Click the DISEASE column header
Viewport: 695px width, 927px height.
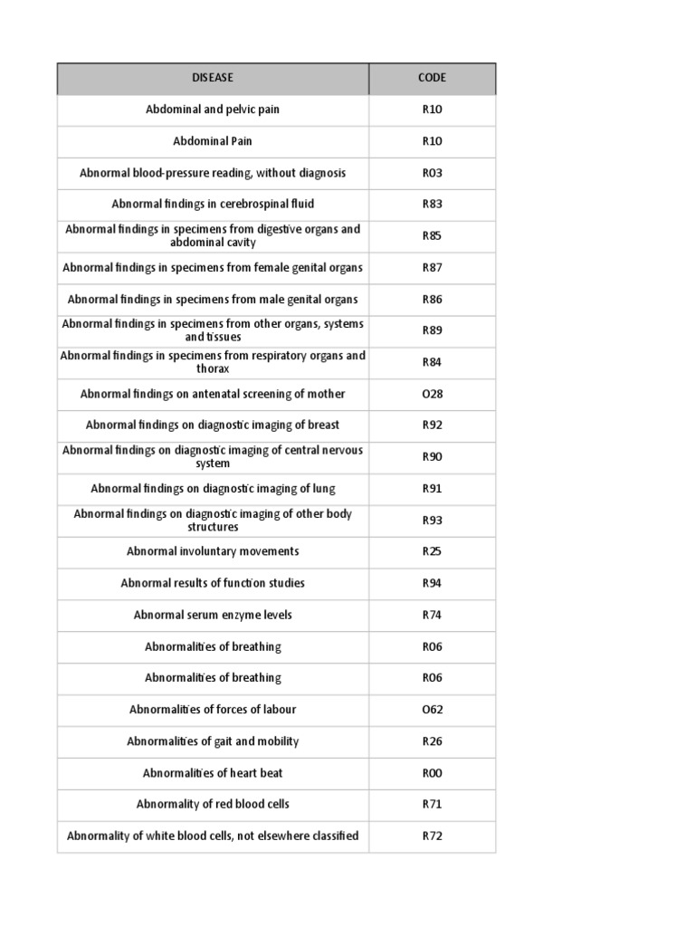(213, 78)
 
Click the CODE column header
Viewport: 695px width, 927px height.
(432, 78)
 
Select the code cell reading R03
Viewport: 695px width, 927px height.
(432, 173)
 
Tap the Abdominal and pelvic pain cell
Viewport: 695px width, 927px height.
(213, 110)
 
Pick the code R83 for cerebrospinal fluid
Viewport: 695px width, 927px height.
(432, 205)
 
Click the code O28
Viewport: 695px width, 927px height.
(432, 394)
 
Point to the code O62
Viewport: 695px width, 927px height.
(432, 710)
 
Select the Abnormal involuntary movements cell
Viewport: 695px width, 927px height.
(213, 551)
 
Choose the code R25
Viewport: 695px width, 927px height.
(432, 551)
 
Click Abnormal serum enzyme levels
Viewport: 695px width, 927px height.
(213, 615)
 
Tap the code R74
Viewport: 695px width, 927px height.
(432, 615)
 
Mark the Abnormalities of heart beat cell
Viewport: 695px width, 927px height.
(213, 773)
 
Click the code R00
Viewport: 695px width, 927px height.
(432, 773)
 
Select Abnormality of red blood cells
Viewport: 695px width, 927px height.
(213, 804)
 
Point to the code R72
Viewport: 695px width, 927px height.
(432, 836)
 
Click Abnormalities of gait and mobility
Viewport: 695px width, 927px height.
(213, 741)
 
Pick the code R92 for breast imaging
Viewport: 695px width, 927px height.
(432, 425)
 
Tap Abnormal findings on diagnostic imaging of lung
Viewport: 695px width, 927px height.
(213, 489)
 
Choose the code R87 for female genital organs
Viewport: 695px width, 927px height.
(432, 268)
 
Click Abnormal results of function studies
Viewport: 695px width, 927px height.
(213, 583)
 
